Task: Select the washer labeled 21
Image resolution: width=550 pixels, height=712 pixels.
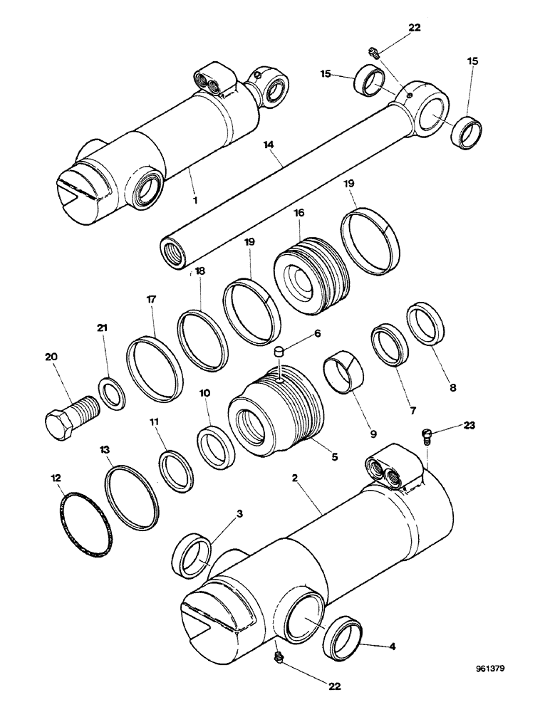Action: pyautogui.click(x=111, y=394)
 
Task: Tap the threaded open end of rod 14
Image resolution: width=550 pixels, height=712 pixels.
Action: pyautogui.click(x=174, y=251)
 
